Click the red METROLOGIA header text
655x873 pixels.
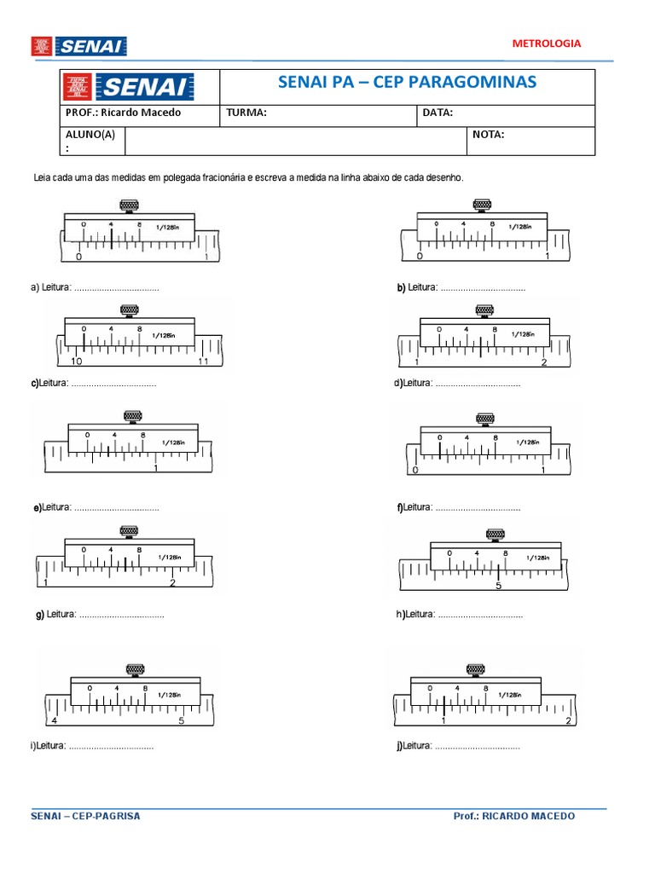coord(547,43)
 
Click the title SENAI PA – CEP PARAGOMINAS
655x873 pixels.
coord(407,82)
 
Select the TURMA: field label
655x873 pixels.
coord(246,113)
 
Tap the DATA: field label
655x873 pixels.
coord(438,113)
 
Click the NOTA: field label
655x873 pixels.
coord(488,134)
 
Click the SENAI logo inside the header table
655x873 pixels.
coord(141,87)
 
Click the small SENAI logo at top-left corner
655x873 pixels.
coord(78,46)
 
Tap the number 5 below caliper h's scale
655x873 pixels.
coord(499,586)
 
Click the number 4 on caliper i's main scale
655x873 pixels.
coord(55,720)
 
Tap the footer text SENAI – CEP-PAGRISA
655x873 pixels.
coord(85,816)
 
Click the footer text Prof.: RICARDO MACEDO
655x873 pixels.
coord(514,816)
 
